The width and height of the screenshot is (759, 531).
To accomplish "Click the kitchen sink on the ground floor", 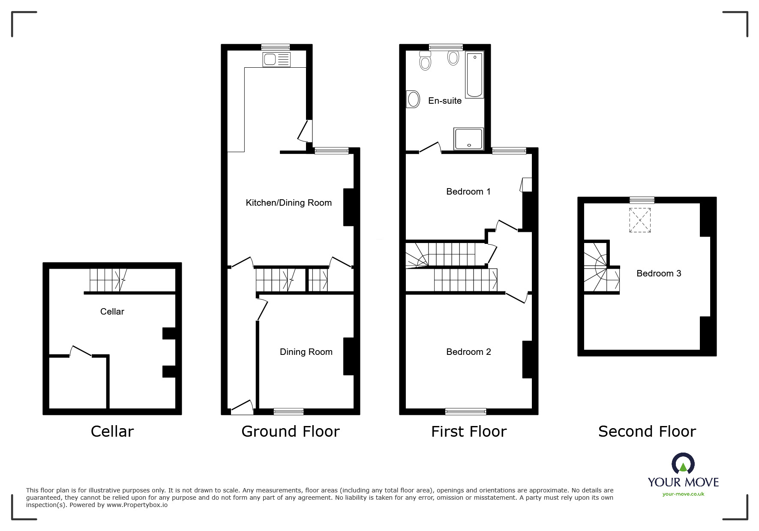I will tap(276, 60).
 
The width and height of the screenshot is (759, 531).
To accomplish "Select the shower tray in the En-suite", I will tap(469, 139).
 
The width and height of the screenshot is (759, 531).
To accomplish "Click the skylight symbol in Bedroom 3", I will tap(640, 220).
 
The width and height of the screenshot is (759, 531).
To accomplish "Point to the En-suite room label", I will tap(445, 101).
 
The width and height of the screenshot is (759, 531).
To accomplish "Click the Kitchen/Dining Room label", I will tap(288, 203).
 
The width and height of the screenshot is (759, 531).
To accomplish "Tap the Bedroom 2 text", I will tap(468, 352).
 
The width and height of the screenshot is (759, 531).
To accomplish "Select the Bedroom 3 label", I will tap(659, 273).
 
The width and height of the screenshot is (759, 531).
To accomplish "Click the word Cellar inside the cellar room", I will tap(112, 312).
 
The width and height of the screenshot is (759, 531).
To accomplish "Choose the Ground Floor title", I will tap(290, 431).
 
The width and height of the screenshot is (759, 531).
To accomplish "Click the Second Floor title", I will tap(647, 431).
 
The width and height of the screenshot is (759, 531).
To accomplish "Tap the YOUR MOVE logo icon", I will tap(683, 464).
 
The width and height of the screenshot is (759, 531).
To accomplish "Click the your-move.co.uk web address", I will tap(683, 494).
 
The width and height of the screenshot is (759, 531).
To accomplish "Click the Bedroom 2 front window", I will tap(466, 412).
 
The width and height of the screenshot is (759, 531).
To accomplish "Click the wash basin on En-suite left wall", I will tap(413, 100).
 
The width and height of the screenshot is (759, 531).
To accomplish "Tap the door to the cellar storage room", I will tap(81, 351).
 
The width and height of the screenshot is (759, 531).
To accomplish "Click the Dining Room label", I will tap(306, 352).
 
